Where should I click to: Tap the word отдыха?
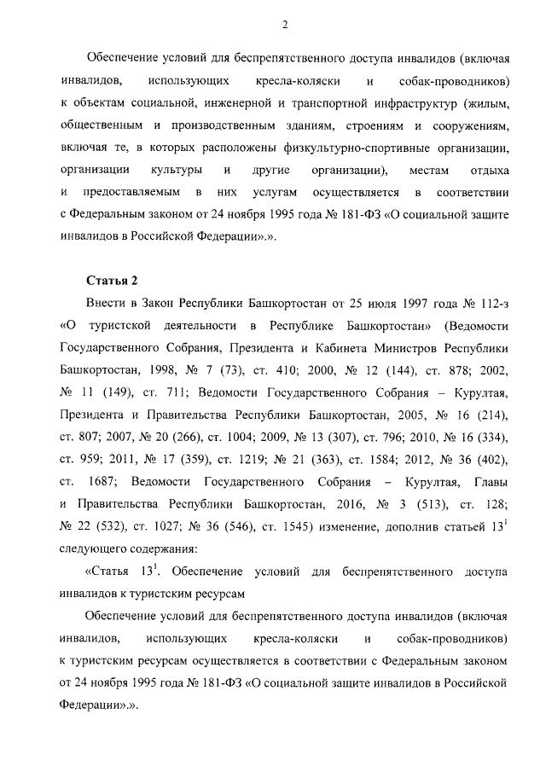click(490, 171)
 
